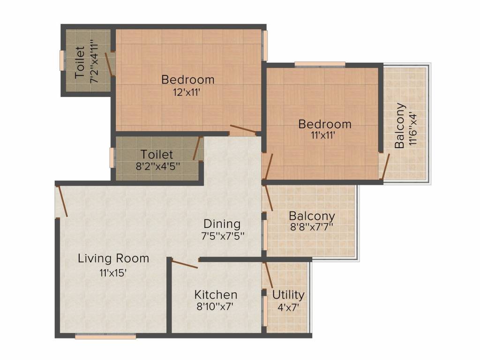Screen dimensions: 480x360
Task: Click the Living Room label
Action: (x=113, y=258)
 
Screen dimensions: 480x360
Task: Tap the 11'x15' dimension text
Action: (x=112, y=272)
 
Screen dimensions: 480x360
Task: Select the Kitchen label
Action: (x=216, y=294)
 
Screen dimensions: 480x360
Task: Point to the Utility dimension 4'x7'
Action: (x=288, y=307)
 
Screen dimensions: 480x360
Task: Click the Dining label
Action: (x=222, y=224)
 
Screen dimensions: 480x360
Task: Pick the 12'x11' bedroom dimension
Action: (x=187, y=92)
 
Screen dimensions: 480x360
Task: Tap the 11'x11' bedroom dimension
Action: (x=323, y=135)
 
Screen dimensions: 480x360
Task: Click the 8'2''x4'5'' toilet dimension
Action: (x=157, y=166)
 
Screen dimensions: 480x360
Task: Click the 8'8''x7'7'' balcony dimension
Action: (x=311, y=227)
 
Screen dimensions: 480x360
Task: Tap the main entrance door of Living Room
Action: (x=62, y=201)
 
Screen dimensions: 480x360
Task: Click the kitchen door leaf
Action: (x=184, y=263)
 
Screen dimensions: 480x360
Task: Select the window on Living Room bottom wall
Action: (x=105, y=337)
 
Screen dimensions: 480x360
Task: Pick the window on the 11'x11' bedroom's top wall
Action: (x=320, y=64)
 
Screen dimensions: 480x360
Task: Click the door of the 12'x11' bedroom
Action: (x=243, y=130)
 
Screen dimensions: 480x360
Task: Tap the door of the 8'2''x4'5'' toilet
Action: (x=196, y=148)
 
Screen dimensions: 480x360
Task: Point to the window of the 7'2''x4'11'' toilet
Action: (x=62, y=60)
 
